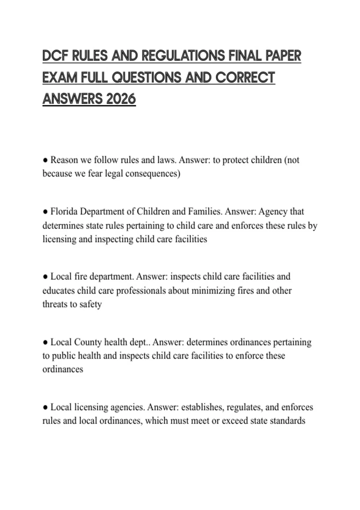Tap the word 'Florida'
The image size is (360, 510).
pos(64,212)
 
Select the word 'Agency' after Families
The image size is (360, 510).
pos(273,212)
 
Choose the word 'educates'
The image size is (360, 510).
pos(58,291)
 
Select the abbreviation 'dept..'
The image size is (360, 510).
pos(140,342)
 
